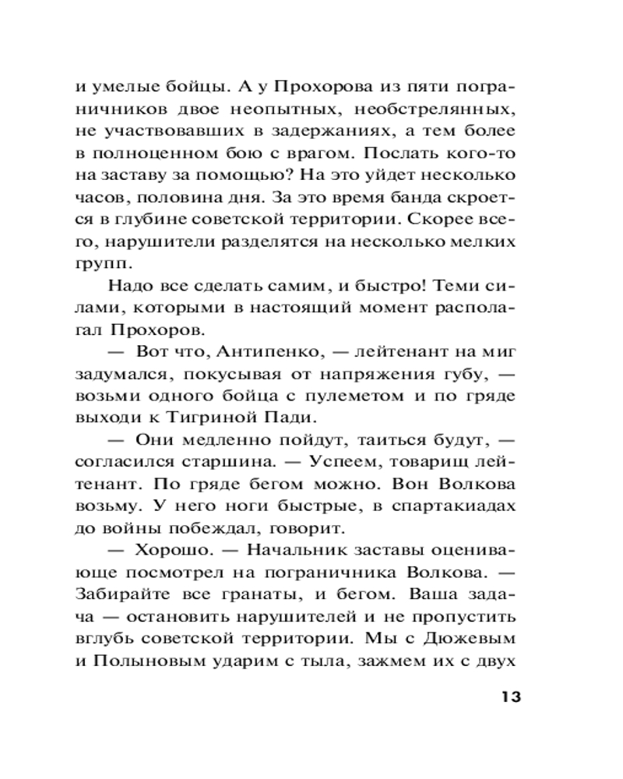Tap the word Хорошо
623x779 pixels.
pyautogui.click(x=170, y=551)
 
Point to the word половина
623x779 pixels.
pyautogui.click(x=178, y=196)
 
